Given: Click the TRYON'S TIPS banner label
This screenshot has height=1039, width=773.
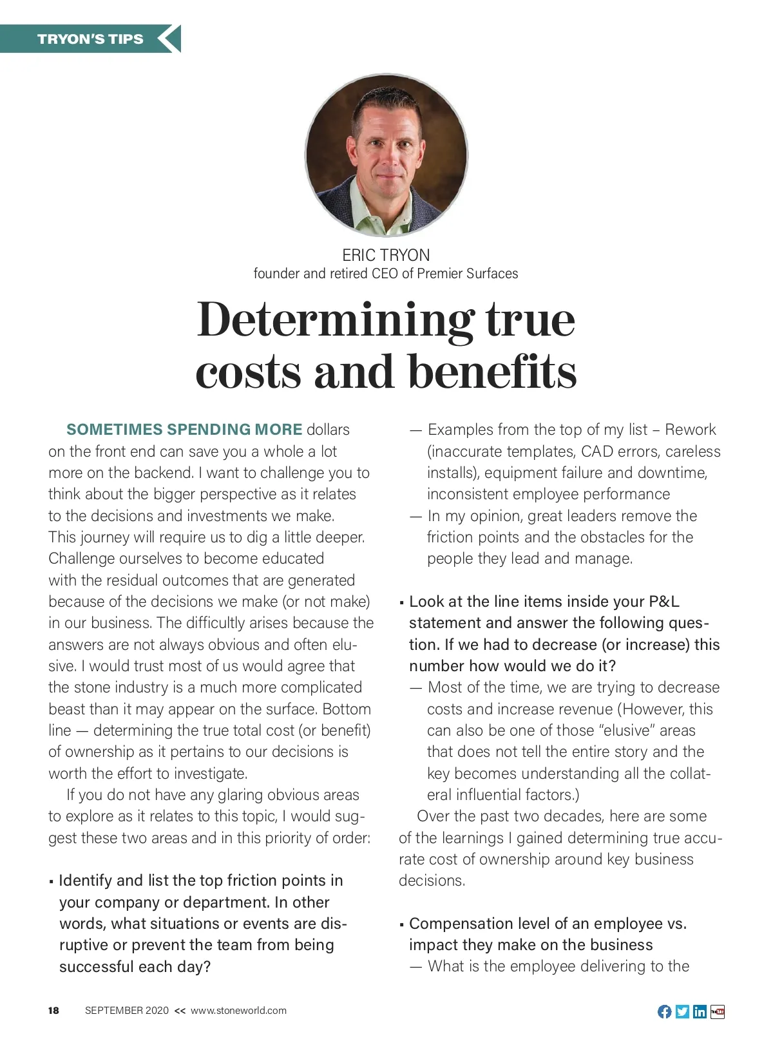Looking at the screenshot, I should coord(90,39).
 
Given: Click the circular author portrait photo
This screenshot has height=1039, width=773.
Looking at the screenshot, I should coord(386,155).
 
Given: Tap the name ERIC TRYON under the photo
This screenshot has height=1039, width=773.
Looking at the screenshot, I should coord(386,255).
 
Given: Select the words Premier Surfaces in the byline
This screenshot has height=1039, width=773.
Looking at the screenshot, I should coord(467,274).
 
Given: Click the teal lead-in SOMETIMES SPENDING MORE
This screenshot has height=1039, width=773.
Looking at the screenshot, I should coord(184,430).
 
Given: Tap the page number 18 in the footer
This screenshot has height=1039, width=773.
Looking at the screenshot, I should coord(53,1011).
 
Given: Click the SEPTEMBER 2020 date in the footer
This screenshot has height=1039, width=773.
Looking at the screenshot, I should coord(127,1011).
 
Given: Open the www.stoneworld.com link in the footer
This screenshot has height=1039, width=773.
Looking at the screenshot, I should coord(238,1011).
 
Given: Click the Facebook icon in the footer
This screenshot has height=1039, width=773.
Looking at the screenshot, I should coord(664,1012).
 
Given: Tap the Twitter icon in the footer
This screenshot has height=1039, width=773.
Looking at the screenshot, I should coord(682,1012).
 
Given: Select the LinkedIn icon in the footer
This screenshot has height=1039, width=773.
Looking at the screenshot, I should coord(700,1012).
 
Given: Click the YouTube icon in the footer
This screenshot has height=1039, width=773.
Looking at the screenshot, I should coord(718,1012).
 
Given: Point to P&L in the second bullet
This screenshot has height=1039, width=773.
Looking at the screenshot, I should coord(663,602).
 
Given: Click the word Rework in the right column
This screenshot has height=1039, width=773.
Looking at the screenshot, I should coord(690,430).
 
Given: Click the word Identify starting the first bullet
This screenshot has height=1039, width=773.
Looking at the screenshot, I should coord(86,881).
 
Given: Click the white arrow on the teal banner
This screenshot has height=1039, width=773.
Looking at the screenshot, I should coord(168,39).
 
